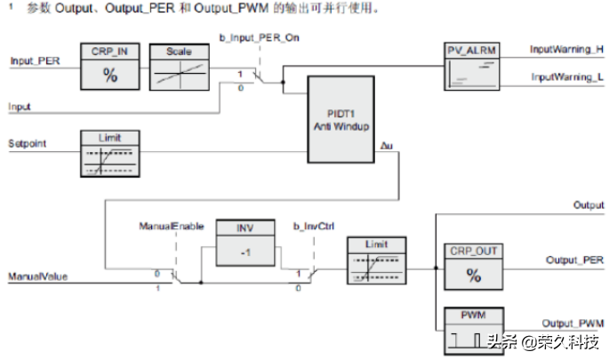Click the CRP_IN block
[110, 68]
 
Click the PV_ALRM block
[469, 63]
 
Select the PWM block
[473, 328]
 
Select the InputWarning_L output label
[565, 78]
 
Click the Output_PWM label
[574, 322]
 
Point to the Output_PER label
[573, 261]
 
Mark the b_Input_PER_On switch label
[258, 40]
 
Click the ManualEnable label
[165, 228]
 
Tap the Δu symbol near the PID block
[385, 145]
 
